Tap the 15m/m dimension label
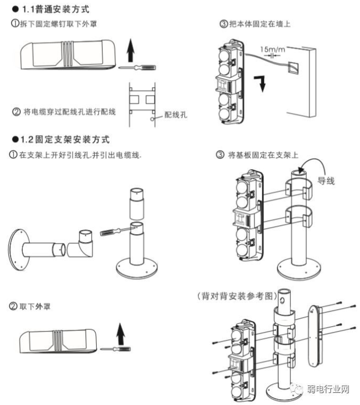(272, 49)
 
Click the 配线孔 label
(175, 114)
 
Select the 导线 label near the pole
(326, 181)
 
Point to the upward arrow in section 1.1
(131, 51)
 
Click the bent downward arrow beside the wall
(261, 83)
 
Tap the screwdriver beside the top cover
(137, 68)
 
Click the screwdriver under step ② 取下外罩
(115, 349)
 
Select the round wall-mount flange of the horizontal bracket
(19, 250)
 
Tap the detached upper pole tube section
(136, 204)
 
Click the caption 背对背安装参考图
(237, 296)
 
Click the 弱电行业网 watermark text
(328, 389)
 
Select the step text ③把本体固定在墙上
(255, 24)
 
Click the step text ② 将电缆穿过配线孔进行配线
(64, 112)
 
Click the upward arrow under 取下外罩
(121, 334)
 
